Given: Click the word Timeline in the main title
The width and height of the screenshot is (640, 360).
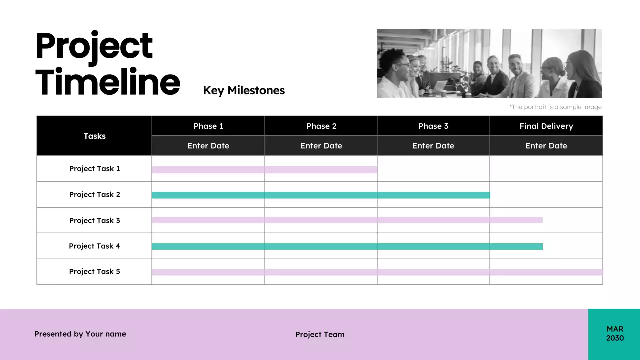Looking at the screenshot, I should (x=107, y=82).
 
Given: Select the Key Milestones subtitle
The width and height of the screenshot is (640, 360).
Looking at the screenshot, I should (x=244, y=90).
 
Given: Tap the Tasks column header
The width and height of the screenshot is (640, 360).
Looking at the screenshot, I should (x=94, y=136).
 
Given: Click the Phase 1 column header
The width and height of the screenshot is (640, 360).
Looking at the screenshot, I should (x=208, y=126).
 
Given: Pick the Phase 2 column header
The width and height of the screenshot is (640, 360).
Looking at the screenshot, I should (x=321, y=126).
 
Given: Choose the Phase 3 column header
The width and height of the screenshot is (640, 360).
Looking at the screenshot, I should (x=433, y=126).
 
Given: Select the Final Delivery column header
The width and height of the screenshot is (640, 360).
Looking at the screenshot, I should (x=546, y=126).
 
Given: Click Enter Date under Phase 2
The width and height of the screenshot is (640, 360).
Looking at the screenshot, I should (x=321, y=146).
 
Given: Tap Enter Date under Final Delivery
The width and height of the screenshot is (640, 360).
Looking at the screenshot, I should (x=546, y=146).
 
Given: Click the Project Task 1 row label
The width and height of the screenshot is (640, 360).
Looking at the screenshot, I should (x=94, y=169).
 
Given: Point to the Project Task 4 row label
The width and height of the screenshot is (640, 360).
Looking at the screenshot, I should (x=94, y=246).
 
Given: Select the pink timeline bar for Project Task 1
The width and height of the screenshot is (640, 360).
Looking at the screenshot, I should (x=264, y=170).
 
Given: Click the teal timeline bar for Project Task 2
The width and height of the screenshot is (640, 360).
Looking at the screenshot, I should (x=321, y=195).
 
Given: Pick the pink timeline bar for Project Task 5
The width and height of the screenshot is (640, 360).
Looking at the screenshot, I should (x=377, y=272).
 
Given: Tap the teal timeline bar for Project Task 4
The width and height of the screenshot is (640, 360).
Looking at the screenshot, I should (x=347, y=246).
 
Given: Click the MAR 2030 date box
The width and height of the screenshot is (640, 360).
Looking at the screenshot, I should (x=614, y=334).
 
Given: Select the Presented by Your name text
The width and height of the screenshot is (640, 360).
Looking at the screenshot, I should (x=80, y=334).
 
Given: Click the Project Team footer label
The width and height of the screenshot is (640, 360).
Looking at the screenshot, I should (x=320, y=334).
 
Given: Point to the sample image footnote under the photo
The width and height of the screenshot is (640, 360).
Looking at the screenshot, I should (x=555, y=107).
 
